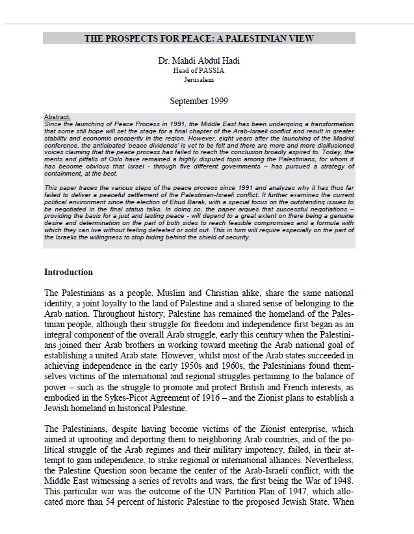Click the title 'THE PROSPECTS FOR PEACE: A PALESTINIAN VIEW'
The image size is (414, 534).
pos(199,38)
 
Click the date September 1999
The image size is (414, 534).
pos(198,101)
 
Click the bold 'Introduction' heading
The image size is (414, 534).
pos(68,272)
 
